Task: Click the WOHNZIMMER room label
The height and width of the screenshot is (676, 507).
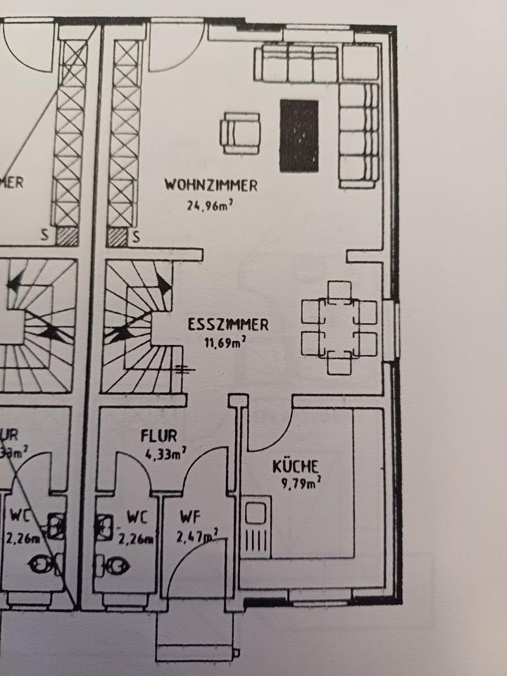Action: point(211,186)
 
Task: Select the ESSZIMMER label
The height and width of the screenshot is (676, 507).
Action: point(227,325)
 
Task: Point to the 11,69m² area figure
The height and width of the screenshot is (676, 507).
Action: point(226,344)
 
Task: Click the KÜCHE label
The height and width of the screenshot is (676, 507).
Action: point(296,466)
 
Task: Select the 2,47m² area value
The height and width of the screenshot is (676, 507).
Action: point(196,537)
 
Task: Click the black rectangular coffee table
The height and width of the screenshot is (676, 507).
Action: point(299,136)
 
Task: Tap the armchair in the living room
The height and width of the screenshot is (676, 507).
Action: point(241,133)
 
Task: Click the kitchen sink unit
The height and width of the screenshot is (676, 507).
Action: point(257,525)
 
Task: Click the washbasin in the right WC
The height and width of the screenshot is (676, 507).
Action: point(104,525)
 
